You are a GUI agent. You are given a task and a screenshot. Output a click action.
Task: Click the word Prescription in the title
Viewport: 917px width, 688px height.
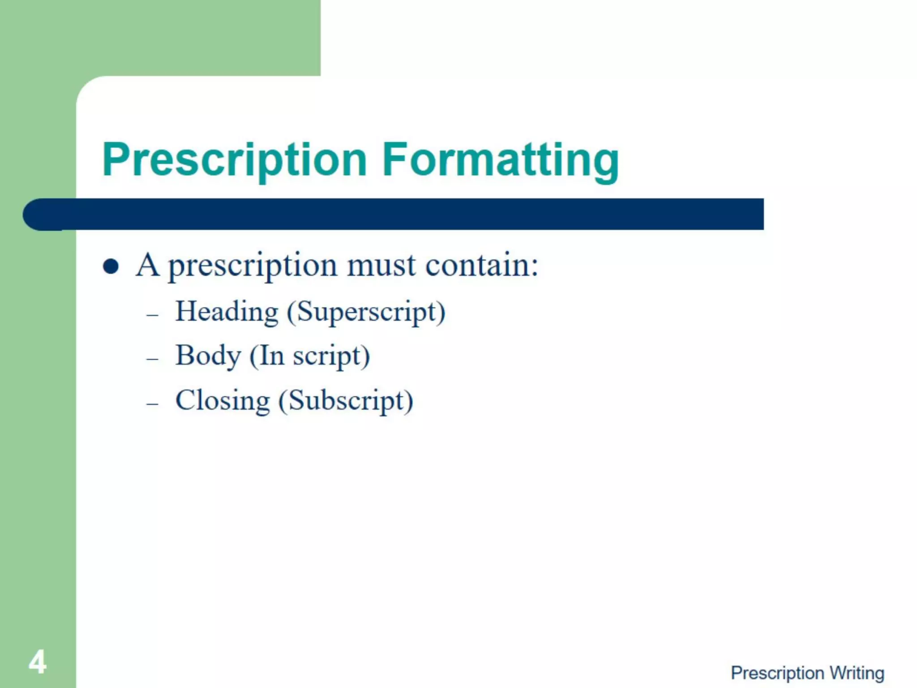pos(235,160)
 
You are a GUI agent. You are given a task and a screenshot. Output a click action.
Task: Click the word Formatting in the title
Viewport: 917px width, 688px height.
pos(500,160)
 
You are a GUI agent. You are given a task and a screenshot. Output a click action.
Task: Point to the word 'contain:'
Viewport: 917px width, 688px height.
pos(481,265)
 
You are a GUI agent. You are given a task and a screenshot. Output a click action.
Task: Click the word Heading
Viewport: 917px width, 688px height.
pos(227,312)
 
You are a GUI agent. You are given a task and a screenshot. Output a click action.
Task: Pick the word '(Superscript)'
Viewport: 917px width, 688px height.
pos(366,312)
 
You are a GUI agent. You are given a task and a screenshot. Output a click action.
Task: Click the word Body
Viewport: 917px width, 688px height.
pos(208,356)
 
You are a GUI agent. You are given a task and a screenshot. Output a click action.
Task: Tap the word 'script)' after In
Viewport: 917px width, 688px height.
pos(331,357)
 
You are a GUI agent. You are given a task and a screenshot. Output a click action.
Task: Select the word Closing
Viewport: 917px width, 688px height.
pos(223,400)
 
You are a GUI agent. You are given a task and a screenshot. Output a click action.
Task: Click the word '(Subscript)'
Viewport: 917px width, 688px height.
pos(346,401)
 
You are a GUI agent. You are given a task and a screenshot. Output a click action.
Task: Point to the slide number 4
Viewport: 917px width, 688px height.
pos(38,662)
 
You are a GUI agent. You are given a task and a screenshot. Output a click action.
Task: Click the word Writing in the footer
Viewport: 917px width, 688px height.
pos(857,673)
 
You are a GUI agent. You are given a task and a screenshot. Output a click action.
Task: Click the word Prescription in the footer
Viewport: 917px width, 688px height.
pos(777,673)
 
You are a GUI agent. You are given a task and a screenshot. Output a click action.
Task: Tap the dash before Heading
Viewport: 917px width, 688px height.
pos(152,315)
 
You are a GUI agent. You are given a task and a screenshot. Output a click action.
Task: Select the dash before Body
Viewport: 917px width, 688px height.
pos(152,359)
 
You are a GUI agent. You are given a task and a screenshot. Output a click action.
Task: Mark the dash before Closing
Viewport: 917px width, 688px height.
pos(152,404)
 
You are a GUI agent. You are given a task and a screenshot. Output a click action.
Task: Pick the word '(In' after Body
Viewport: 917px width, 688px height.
pos(267,357)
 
